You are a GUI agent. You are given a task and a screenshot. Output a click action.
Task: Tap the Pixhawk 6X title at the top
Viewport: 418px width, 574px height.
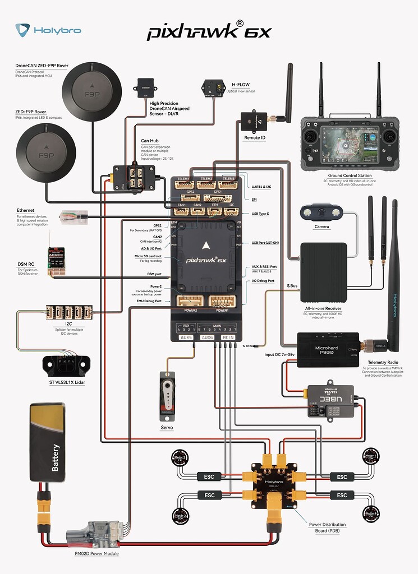click(x=209, y=31)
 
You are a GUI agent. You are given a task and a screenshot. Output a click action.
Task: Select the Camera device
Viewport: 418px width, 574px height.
click(x=321, y=213)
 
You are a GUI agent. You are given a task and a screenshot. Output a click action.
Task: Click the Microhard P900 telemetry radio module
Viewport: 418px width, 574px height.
click(x=328, y=350)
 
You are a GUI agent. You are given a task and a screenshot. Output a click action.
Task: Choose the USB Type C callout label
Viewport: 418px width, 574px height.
click(x=261, y=214)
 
